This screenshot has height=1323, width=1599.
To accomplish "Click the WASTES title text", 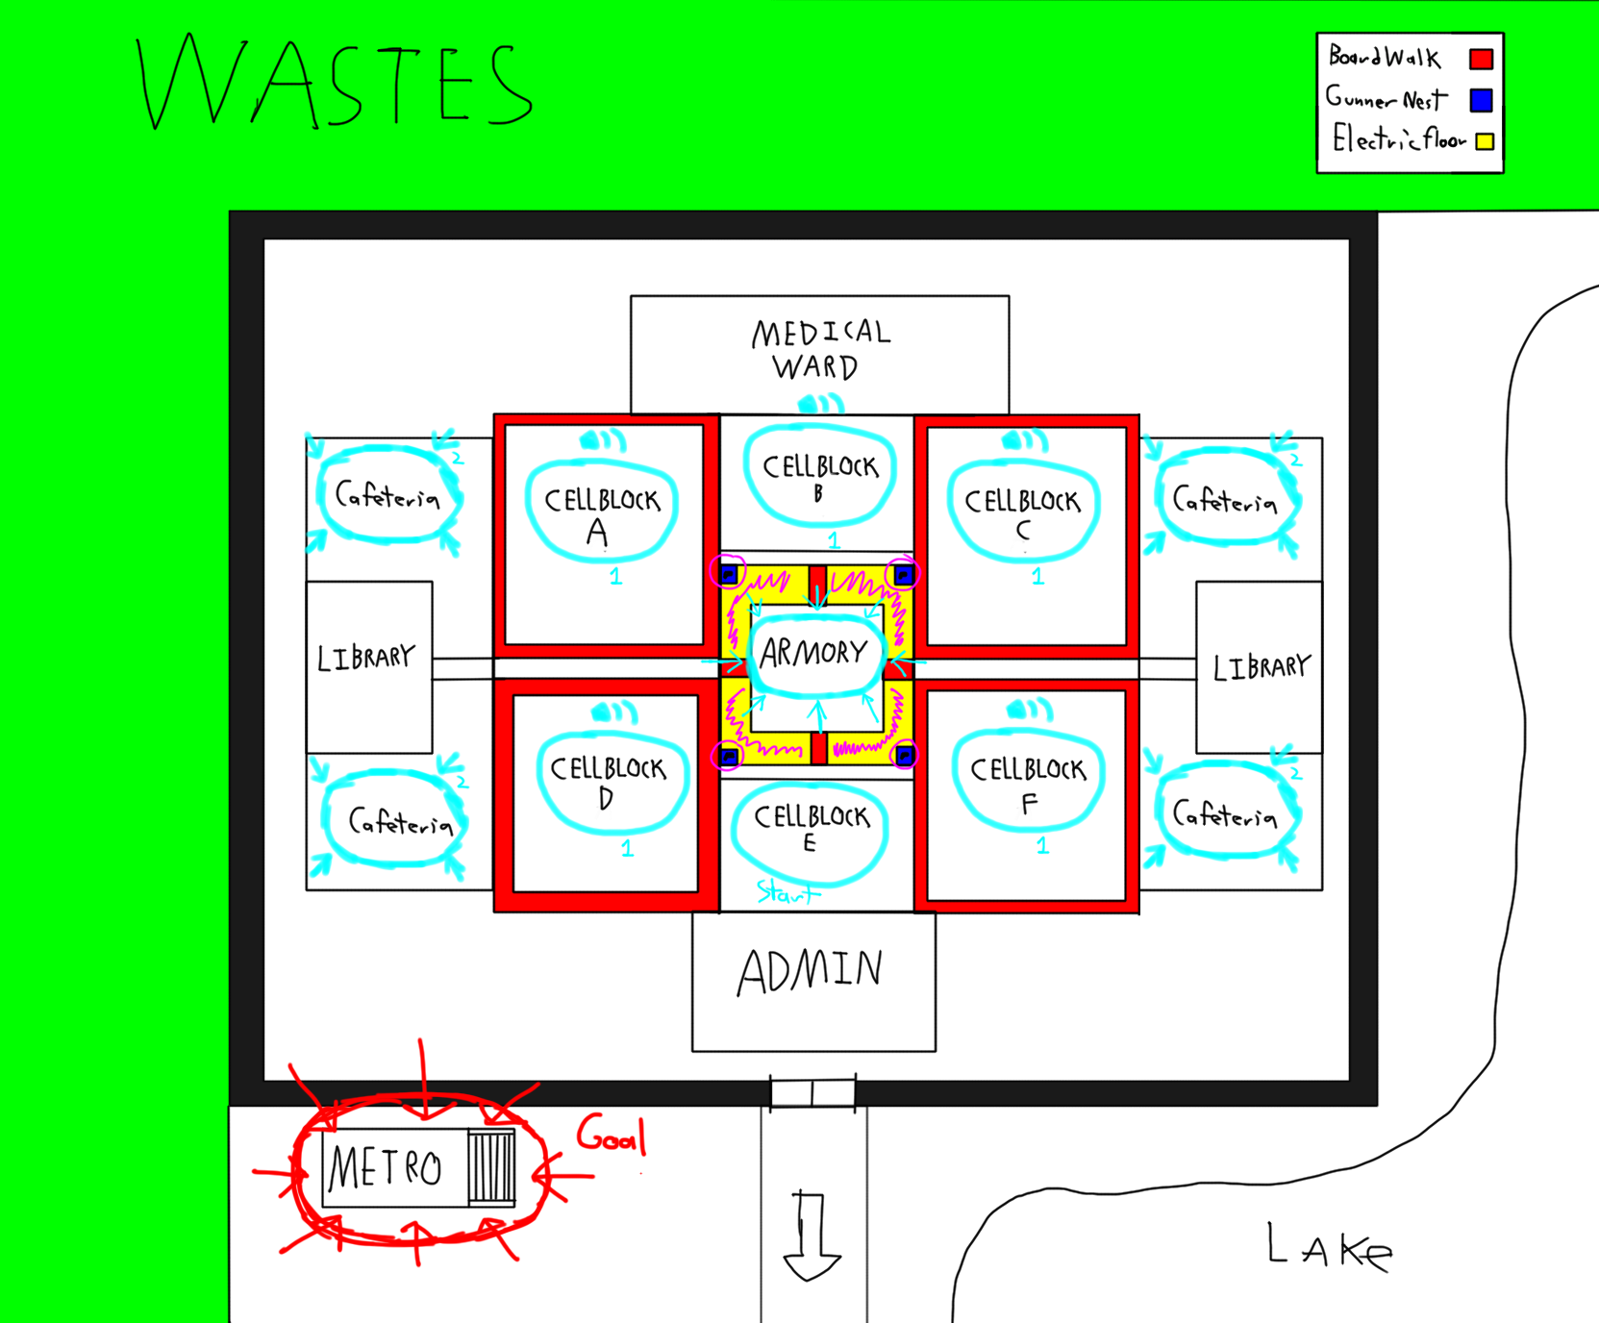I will [x=335, y=85].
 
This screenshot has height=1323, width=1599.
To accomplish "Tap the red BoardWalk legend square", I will [x=1481, y=60].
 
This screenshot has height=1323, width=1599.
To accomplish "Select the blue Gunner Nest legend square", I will [x=1481, y=100].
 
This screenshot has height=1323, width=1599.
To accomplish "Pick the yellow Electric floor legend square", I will [x=1485, y=141].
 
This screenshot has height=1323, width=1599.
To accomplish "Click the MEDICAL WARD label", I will [x=820, y=350].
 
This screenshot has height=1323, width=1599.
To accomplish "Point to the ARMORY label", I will [x=813, y=654].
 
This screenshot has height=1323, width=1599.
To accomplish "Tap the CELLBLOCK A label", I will [x=602, y=514].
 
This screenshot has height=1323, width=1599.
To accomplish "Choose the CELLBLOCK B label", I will [x=820, y=477].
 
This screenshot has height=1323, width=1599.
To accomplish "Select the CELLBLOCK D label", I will [x=608, y=781].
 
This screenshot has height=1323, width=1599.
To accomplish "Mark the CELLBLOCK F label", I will [x=1028, y=783].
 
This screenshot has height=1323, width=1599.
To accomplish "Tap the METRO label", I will [x=385, y=1168].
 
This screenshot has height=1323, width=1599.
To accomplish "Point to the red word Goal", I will [x=611, y=1136].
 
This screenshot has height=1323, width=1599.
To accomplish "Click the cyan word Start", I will [x=787, y=893].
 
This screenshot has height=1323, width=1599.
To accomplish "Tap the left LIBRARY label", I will [x=366, y=658].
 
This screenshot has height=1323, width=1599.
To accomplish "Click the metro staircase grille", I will [x=491, y=1166].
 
